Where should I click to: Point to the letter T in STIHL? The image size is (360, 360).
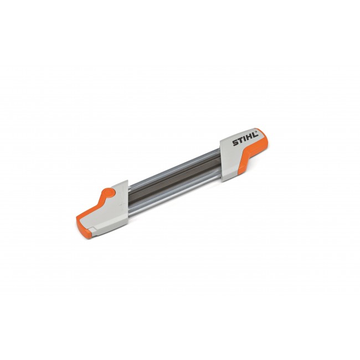pyautogui.click(x=239, y=145)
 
